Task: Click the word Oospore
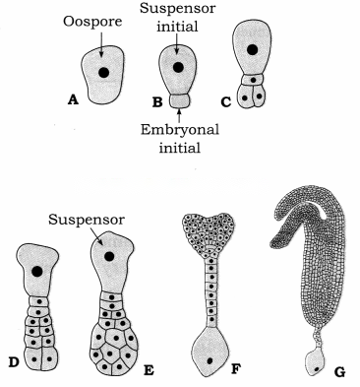(x=92, y=23)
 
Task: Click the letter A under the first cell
(x=73, y=99)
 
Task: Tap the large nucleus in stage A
(x=104, y=73)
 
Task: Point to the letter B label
(x=157, y=102)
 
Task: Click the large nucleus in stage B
(x=178, y=67)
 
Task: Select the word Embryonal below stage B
(x=180, y=131)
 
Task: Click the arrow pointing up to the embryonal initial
(x=179, y=115)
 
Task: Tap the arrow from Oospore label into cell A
(x=101, y=44)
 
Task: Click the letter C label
(x=226, y=102)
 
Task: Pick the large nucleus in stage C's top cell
(x=252, y=50)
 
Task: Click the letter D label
(x=14, y=361)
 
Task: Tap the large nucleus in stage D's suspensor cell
(x=37, y=271)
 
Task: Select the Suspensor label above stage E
(x=87, y=220)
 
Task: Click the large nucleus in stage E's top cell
(x=109, y=256)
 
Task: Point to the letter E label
(x=149, y=370)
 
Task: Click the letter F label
(x=235, y=369)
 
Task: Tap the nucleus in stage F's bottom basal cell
(x=210, y=361)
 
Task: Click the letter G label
(x=339, y=371)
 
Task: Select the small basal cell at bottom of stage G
(x=314, y=362)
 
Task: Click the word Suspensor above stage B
(x=177, y=8)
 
